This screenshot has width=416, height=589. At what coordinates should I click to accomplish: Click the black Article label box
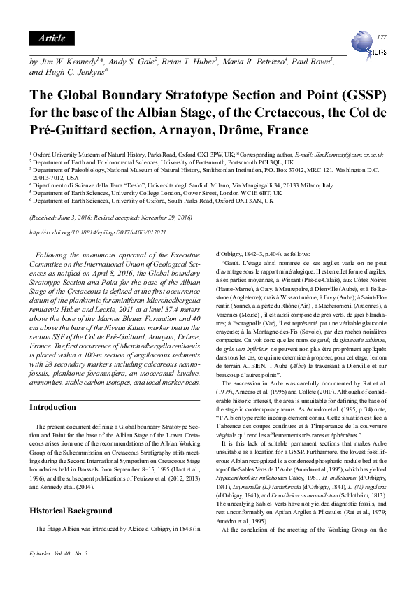click(x=52, y=38)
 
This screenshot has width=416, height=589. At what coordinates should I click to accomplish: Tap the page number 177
click(x=381, y=36)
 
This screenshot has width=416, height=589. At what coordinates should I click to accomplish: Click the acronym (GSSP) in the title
click(x=359, y=94)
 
